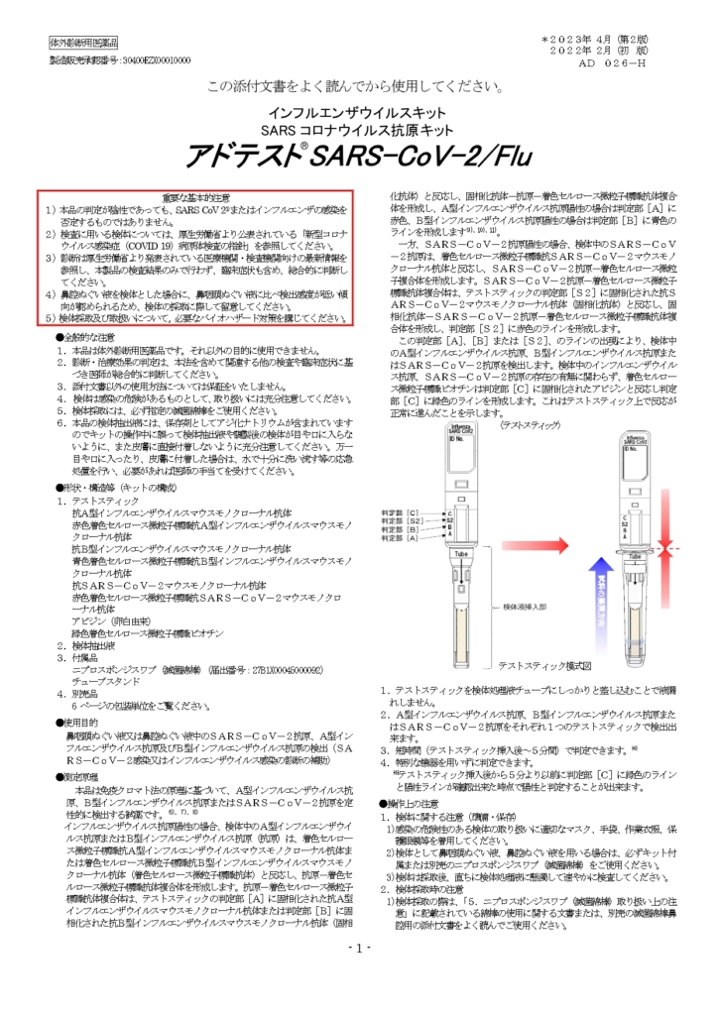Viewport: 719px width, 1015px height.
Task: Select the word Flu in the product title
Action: coord(504,156)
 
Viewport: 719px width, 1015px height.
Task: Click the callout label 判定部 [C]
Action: coord(400,510)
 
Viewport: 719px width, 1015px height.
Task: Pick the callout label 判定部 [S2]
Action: coord(402,520)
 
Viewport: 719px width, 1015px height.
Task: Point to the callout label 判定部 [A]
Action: coord(400,538)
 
